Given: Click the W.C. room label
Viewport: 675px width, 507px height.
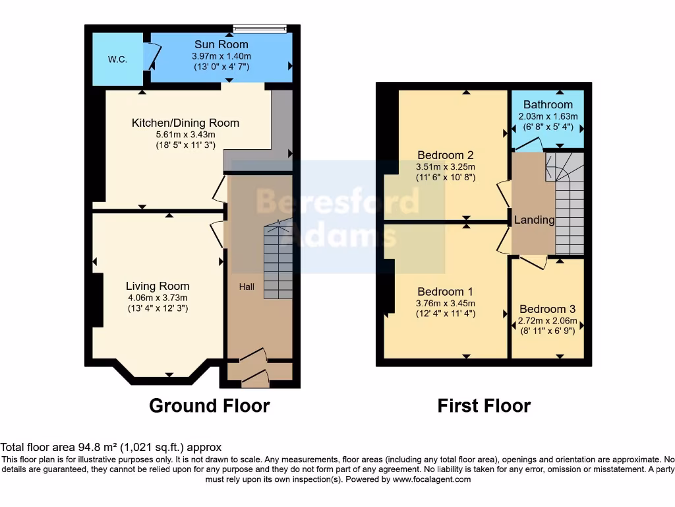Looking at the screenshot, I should [117, 59].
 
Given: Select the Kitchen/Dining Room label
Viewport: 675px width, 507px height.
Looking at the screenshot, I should [185, 123].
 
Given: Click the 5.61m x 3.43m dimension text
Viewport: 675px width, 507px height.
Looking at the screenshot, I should [185, 135].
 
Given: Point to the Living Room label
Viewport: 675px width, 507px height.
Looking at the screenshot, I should [158, 286].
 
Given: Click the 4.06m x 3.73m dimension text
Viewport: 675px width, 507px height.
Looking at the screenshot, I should [158, 297].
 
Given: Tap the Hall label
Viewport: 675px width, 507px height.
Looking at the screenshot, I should [247, 287].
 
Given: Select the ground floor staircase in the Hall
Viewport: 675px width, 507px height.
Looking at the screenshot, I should [278, 261].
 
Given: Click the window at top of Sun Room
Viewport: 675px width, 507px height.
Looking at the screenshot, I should [260, 28].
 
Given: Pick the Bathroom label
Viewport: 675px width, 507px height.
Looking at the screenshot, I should [548, 105].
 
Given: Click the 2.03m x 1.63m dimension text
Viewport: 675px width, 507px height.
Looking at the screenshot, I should [548, 116].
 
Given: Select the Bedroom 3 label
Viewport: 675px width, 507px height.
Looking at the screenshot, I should [547, 309].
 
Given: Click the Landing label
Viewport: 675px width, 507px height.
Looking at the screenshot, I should [534, 220].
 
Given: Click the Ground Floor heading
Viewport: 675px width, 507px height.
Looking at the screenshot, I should [210, 405].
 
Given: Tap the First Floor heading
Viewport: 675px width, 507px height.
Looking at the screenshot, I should [484, 405].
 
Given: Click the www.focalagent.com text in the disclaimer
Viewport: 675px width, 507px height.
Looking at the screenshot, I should [431, 479].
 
